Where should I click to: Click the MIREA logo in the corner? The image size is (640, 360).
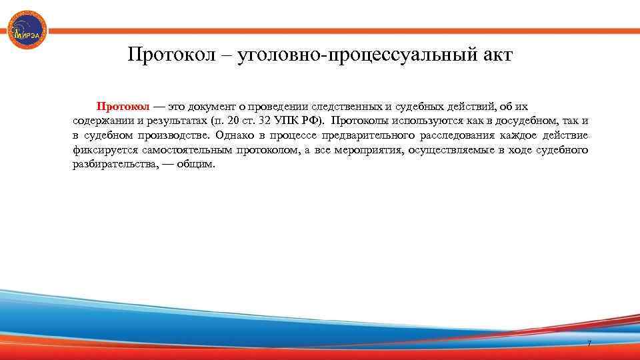[27, 30]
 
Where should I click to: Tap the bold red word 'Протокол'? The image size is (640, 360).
[123, 106]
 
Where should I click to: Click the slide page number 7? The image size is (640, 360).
[589, 343]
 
